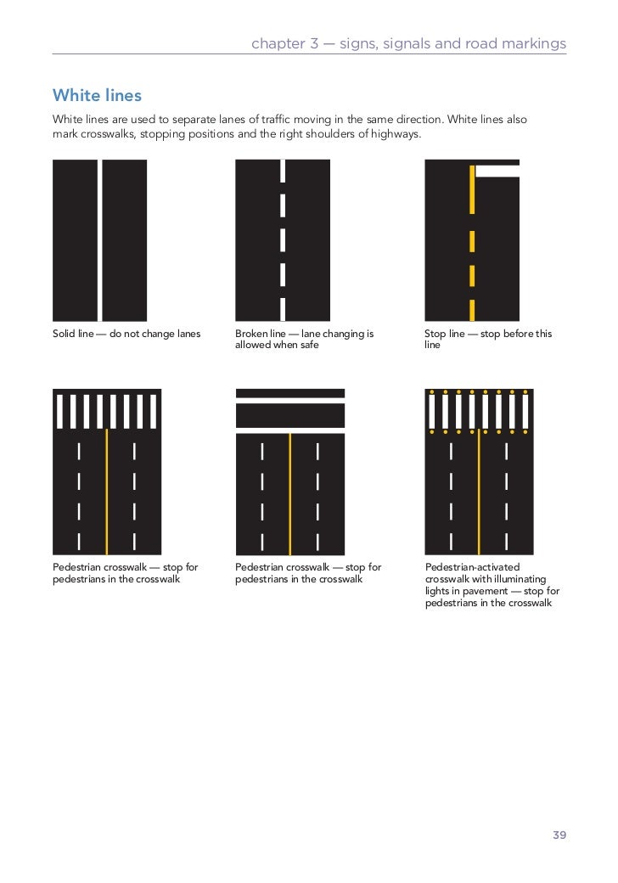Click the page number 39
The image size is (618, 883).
pos(559,835)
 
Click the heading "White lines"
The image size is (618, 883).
pos(97,94)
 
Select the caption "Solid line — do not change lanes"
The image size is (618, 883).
pos(126,334)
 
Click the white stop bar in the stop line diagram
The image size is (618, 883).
pos(497,171)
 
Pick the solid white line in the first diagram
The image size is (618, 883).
pos(99,240)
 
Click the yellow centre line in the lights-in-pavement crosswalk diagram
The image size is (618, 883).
pos(479,492)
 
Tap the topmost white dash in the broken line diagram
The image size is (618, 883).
pos(283,171)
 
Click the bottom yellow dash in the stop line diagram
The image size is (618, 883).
pos(471,309)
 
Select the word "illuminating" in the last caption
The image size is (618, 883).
pos(522,579)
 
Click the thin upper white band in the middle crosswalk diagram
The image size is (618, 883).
pos(289,393)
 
